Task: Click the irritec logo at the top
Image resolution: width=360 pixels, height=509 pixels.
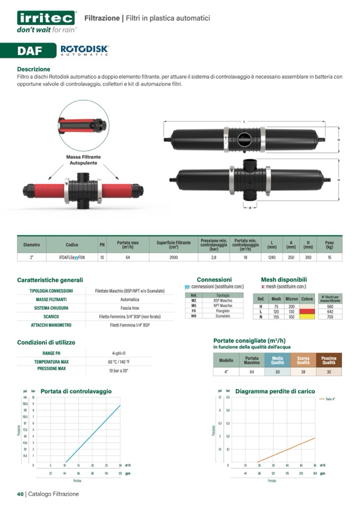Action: coord(47,18)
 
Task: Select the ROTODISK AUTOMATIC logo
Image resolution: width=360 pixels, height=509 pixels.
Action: coord(84,50)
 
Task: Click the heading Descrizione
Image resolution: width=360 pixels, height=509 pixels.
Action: coord(33,69)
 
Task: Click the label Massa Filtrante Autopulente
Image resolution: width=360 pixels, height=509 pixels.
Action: coord(83,160)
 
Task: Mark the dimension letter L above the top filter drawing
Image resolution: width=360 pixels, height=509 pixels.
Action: coord(244,122)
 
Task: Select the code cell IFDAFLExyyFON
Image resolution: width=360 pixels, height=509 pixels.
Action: coord(72,257)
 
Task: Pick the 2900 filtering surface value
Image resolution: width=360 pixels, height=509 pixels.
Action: coord(173,257)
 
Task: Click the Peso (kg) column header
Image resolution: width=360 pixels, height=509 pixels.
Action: coord(329,245)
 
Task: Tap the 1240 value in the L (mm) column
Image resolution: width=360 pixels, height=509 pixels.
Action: coord(272,257)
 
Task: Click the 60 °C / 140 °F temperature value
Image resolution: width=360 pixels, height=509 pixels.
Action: coord(118,361)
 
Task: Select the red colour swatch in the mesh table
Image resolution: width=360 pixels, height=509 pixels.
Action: coord(307,312)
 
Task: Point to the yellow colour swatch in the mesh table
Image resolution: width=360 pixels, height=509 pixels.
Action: coord(307,316)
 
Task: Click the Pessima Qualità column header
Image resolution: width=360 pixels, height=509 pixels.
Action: coord(329,360)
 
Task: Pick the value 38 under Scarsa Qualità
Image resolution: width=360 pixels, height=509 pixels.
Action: coord(303,372)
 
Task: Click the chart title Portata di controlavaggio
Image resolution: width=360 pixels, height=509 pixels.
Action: coord(76,391)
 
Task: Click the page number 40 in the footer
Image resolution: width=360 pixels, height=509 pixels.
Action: coord(20,494)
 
